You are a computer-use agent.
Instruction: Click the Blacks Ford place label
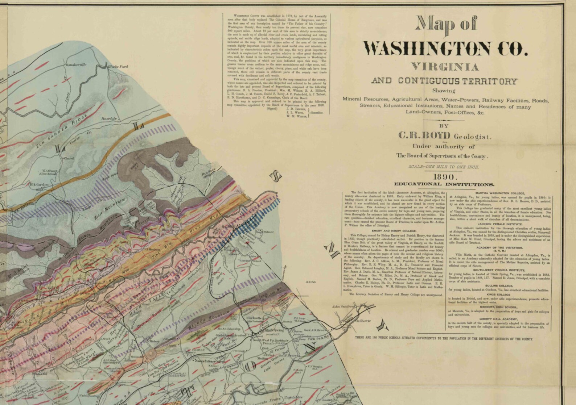coord(118,67)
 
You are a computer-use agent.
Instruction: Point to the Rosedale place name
coord(109,118)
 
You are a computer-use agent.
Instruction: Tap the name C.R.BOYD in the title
coord(424,136)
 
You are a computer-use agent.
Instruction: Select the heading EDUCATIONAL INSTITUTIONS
coord(444,184)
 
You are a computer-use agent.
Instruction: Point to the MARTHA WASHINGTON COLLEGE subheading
coord(499,193)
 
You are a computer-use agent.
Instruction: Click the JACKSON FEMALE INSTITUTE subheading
coord(499,224)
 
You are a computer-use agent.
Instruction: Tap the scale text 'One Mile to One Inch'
coord(444,167)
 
